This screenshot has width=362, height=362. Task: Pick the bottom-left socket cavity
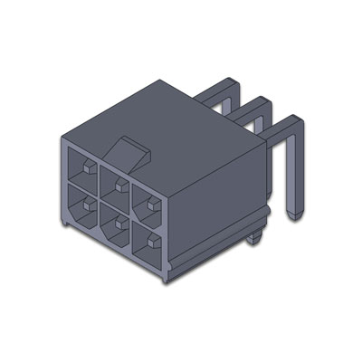[80, 210]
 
